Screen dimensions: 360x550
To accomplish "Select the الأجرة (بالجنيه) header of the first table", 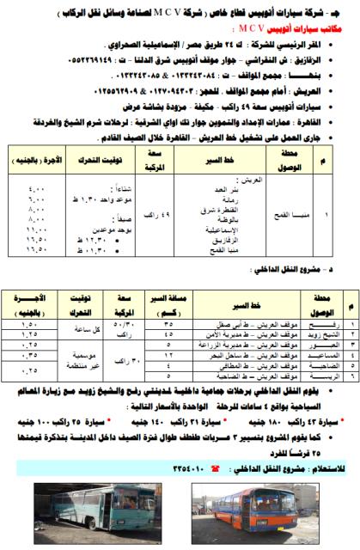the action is (x=35, y=134).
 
